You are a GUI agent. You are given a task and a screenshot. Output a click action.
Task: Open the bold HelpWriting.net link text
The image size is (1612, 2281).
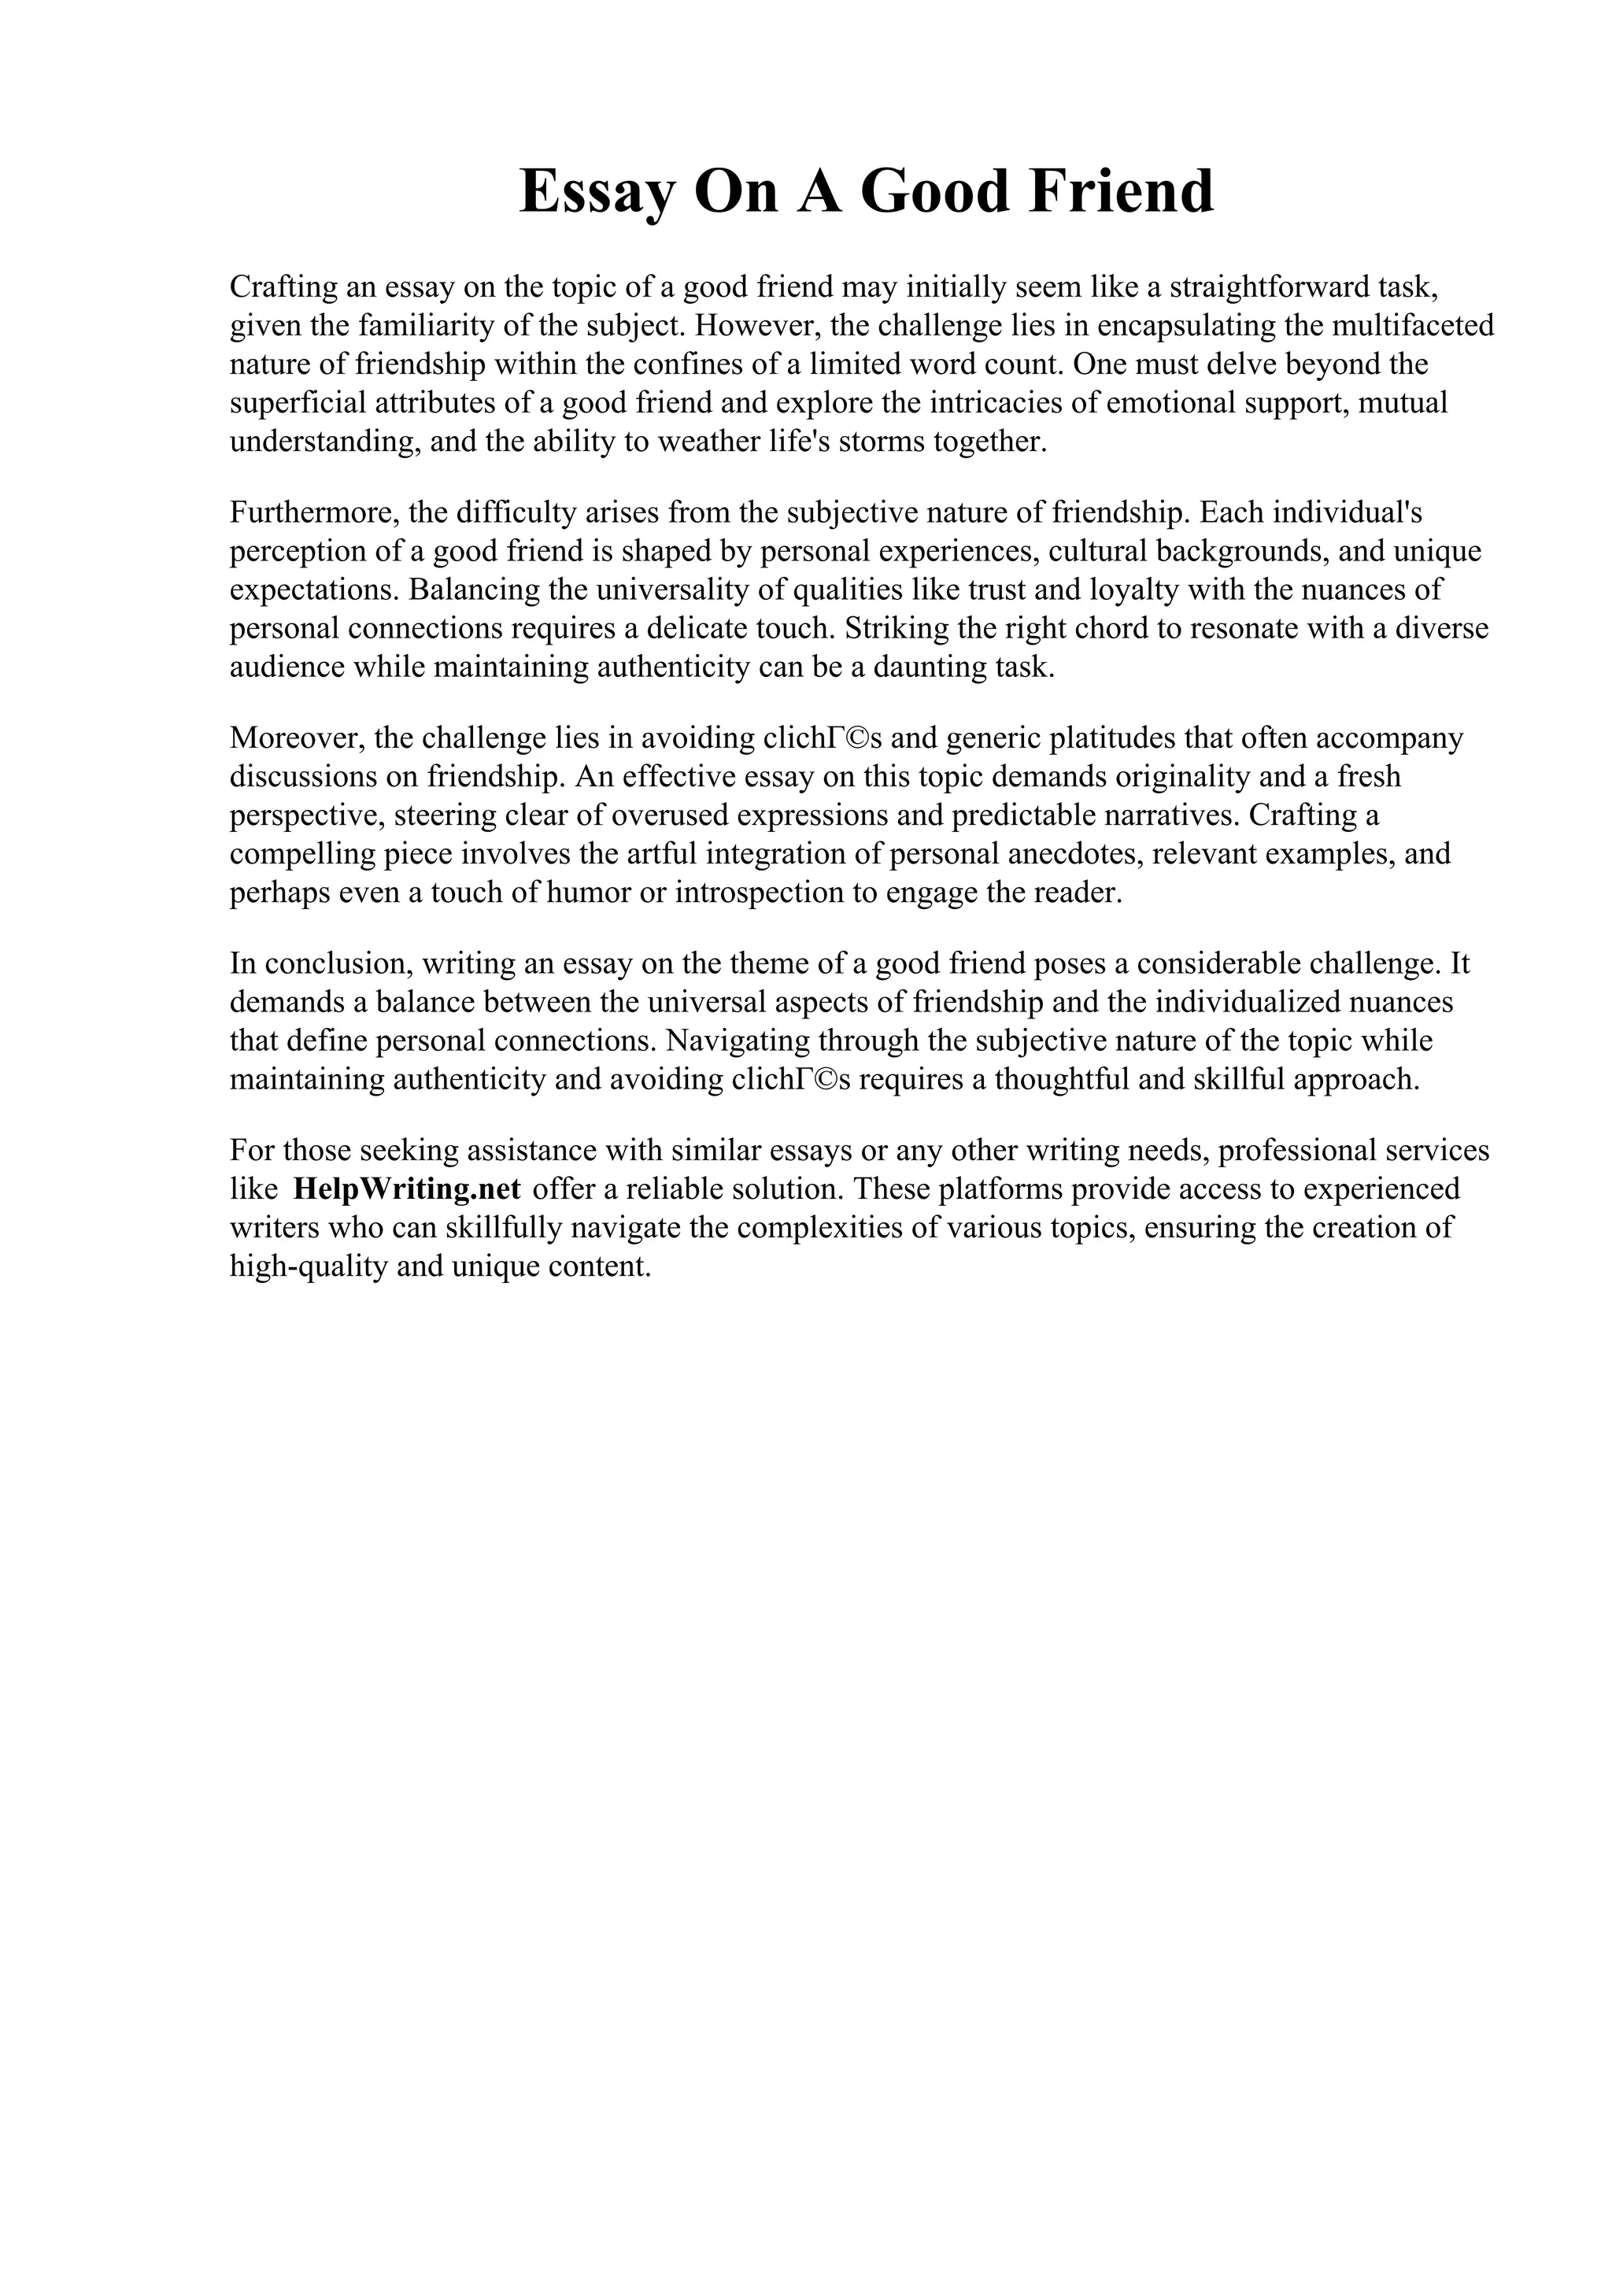[x=407, y=1189]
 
